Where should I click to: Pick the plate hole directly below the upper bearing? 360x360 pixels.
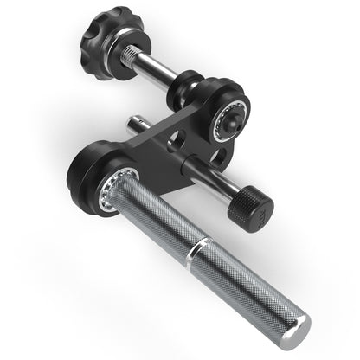222,157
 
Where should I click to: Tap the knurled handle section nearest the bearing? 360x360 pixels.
156,216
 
